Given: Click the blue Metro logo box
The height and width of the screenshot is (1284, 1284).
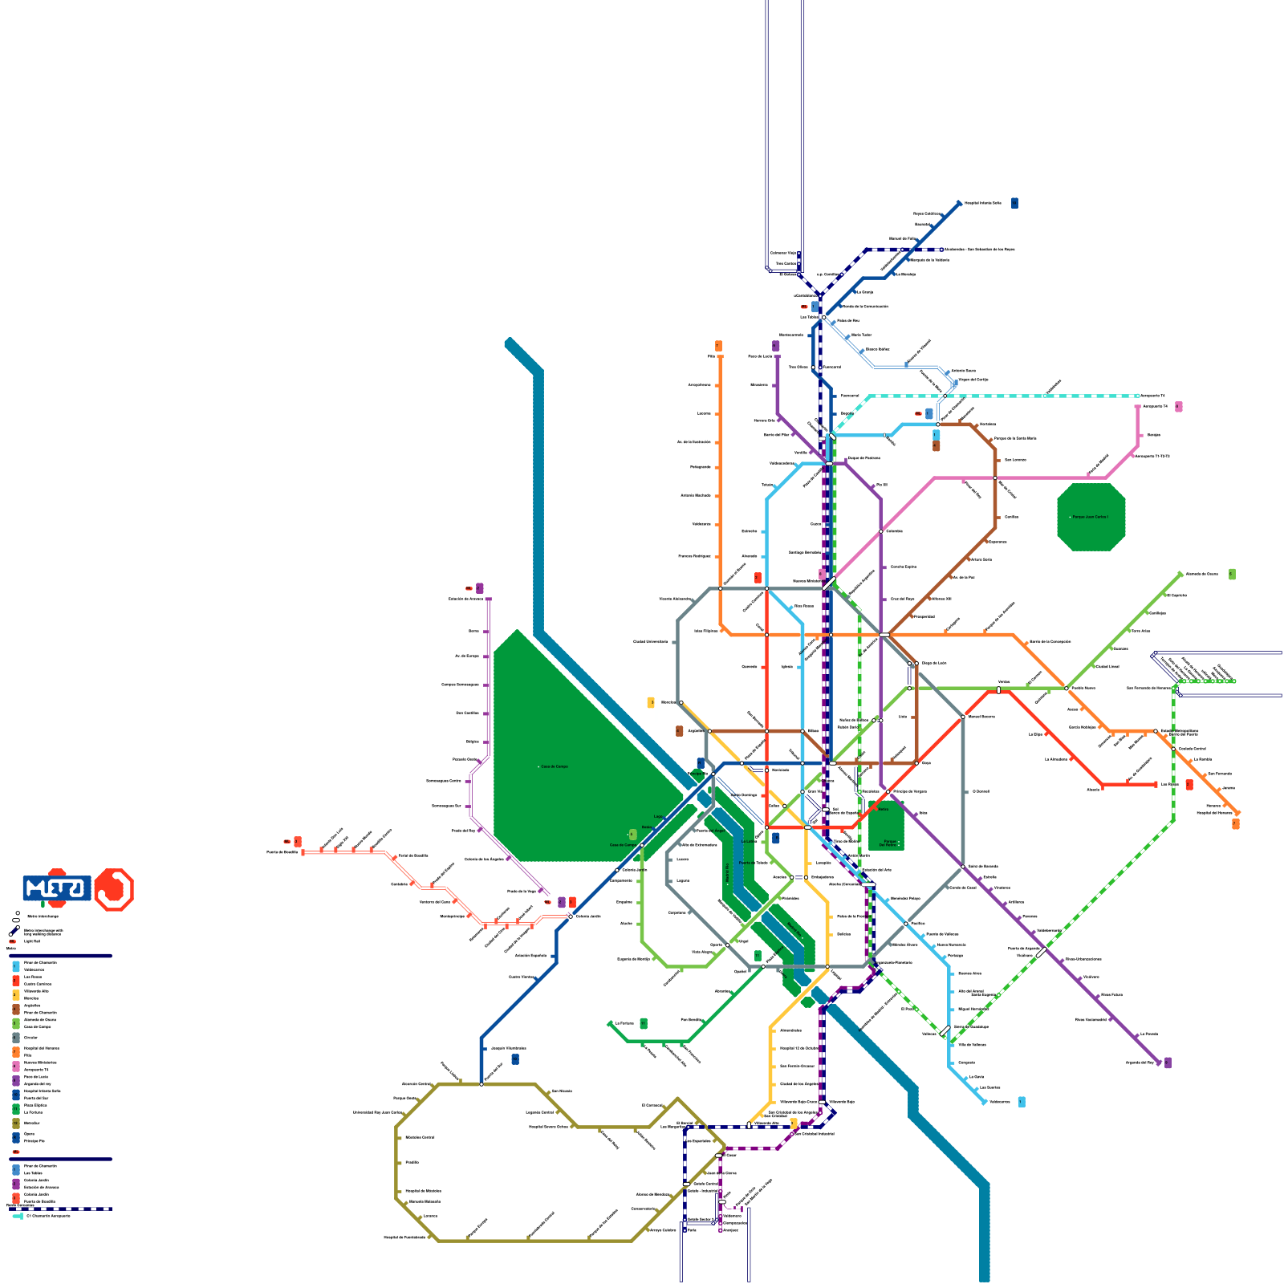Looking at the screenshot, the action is pos(56,888).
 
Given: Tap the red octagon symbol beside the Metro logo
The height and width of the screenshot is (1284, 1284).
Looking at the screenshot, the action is pos(114,889).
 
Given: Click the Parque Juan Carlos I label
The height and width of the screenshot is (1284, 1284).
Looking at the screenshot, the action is pos(1090,517).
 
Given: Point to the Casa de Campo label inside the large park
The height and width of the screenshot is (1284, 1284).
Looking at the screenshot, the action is pos(554,766).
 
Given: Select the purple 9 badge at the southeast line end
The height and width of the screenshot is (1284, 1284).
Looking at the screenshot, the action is pos(1168,1063).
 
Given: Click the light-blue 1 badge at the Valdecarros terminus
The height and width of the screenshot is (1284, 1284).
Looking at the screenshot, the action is pos(1022,1102).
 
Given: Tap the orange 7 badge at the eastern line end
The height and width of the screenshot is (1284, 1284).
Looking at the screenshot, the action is pos(1236,823).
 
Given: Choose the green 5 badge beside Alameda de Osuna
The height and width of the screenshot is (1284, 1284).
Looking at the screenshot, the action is pos(1232,574).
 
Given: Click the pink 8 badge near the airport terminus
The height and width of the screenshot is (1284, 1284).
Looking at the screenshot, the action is pos(1178,407).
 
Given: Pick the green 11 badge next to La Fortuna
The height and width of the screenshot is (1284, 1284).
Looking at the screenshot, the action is pos(644,1023).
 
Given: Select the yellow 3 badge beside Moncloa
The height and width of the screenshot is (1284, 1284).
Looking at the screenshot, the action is pos(651,702).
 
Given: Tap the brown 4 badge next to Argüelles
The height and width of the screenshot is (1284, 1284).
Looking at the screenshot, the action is pos(680,731).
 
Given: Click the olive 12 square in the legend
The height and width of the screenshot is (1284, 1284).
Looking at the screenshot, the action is pos(16,1123).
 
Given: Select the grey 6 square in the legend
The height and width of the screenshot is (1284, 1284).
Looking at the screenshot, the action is pos(16,1038).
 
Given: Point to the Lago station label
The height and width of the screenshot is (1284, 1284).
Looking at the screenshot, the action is pos(659,816).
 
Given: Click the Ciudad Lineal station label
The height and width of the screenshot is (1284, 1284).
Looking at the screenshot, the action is pos(1107,666).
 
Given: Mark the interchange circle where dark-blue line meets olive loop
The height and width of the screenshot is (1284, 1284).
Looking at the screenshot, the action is pos(481,1084).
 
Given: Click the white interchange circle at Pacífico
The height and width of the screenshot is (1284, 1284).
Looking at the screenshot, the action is pos(906,924).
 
